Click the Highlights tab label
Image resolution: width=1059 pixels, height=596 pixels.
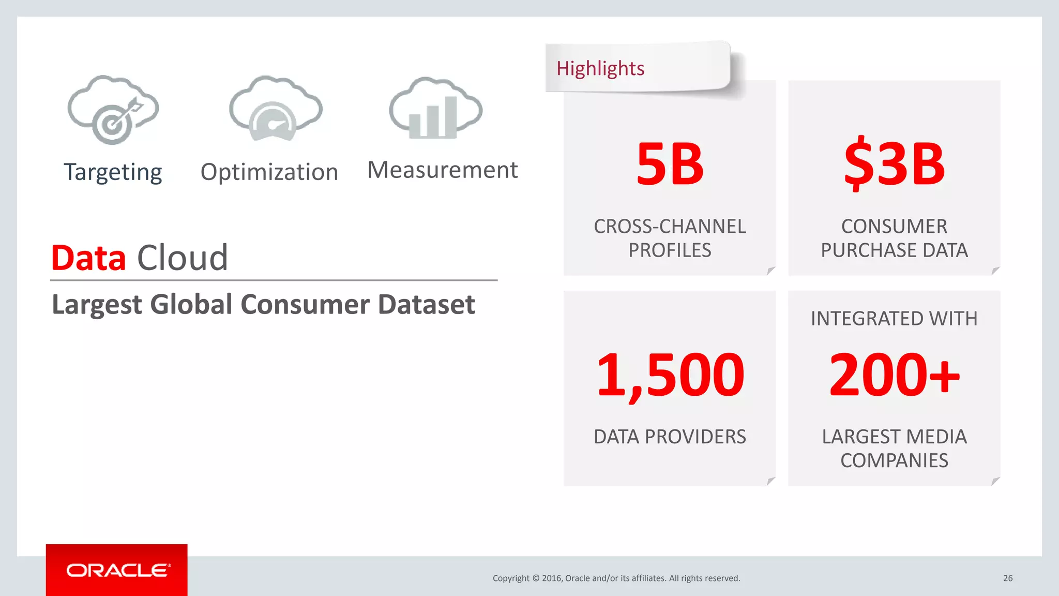pos(600,68)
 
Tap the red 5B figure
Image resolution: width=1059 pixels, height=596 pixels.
pos(670,165)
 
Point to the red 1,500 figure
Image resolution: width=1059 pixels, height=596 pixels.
pos(670,375)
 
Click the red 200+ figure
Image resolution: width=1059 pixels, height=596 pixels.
pos(895,375)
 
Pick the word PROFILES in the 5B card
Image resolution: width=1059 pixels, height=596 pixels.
pos(670,250)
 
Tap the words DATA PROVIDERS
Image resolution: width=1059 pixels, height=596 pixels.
pos(670,437)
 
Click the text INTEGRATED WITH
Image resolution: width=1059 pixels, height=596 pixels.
pos(894,319)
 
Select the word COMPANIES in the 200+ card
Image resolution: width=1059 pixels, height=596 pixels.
pos(894,460)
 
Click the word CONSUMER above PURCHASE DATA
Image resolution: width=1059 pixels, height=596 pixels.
pos(894,227)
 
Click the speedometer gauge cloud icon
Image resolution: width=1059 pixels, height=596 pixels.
pos(275,109)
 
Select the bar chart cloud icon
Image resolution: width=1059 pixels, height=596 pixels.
pos(435,109)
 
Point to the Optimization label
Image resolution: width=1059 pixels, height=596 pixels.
pos(269,172)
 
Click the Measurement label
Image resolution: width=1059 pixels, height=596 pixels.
pos(442,170)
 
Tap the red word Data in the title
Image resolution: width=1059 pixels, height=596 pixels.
pos(88,258)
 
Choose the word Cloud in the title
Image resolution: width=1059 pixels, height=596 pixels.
pos(182,258)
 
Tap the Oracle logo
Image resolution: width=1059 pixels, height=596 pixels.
pos(117,570)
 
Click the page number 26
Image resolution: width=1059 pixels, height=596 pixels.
pos(1007,578)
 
